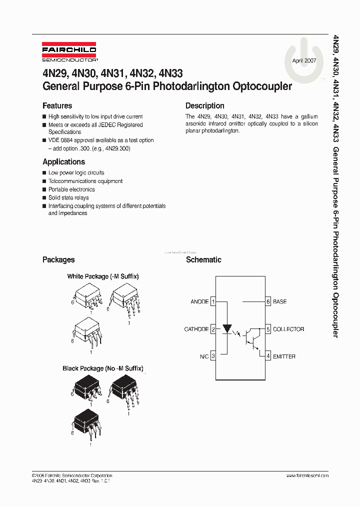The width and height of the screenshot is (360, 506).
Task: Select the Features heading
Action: [x=57, y=106]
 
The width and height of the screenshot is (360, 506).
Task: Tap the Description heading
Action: [x=204, y=106]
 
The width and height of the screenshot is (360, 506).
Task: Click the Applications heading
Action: [x=63, y=162]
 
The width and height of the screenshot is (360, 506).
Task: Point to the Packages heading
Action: [x=58, y=260]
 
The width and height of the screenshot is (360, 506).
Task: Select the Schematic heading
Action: [x=203, y=260]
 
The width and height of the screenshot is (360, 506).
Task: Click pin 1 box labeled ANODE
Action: [x=213, y=302]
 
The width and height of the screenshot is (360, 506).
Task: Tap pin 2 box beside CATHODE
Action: [x=213, y=329]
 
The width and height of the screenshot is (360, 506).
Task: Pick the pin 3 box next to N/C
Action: [x=213, y=356]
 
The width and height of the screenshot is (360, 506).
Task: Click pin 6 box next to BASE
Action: [x=268, y=302]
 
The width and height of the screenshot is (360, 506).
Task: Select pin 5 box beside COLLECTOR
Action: [x=268, y=329]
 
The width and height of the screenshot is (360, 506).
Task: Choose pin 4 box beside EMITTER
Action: [x=268, y=356]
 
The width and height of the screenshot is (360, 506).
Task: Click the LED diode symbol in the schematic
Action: [x=227, y=329]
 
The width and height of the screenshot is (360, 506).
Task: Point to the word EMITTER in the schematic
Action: [x=284, y=357]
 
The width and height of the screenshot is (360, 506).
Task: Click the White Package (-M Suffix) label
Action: [x=103, y=276]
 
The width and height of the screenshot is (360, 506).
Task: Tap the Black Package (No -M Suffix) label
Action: [x=103, y=368]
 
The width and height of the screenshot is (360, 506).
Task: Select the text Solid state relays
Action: [x=68, y=198]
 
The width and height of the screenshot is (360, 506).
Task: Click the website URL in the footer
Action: [x=308, y=475]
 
